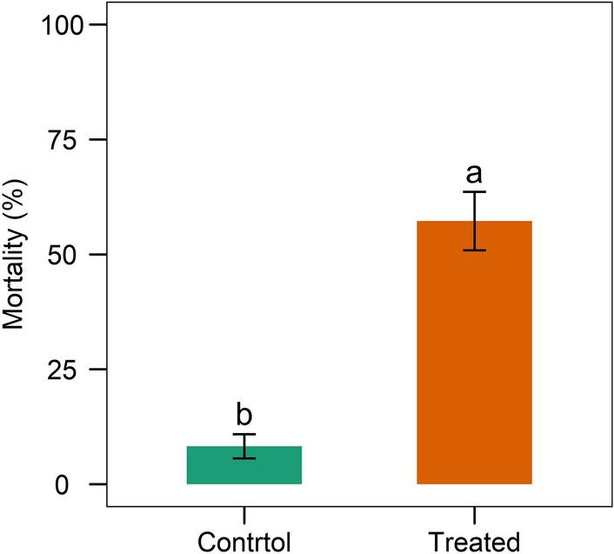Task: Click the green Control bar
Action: (x=244, y=465)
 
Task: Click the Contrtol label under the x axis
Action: (x=244, y=541)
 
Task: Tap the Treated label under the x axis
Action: (x=474, y=541)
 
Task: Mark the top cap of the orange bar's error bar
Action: (x=474, y=191)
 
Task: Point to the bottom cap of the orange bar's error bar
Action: (x=474, y=250)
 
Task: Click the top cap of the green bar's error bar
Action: (x=244, y=434)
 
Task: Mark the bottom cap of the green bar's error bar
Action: (x=244, y=458)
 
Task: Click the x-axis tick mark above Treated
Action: (x=474, y=514)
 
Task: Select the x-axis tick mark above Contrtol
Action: (x=244, y=514)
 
